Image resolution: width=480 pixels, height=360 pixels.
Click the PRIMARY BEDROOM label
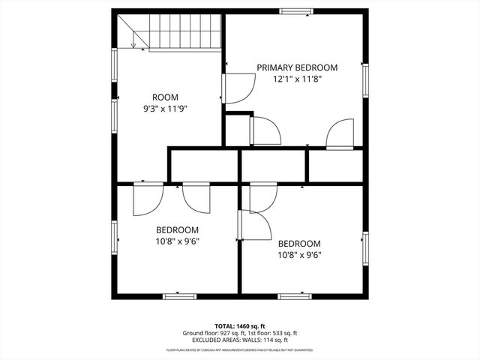[297, 67]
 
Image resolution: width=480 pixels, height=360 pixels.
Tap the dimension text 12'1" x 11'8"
[297, 79]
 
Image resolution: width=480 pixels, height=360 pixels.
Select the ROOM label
[165, 97]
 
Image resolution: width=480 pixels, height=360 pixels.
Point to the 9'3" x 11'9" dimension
[165, 109]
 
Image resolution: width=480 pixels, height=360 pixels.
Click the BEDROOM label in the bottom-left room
[177, 229]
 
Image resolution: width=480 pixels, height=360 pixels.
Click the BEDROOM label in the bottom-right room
[299, 244]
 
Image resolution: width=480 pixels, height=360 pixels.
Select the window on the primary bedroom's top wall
[296, 11]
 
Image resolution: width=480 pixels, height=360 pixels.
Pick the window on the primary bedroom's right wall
[365, 80]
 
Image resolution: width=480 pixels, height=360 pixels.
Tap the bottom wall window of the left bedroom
[180, 295]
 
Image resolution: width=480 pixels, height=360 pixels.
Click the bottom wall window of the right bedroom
[295, 295]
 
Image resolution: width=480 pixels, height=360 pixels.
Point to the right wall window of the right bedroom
[365, 248]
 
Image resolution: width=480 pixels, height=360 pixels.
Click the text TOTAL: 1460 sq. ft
[241, 326]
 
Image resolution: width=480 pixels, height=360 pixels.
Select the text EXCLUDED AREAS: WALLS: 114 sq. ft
[241, 340]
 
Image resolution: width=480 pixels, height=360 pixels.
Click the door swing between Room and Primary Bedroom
[238, 89]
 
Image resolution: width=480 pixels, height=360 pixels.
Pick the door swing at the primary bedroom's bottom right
[340, 135]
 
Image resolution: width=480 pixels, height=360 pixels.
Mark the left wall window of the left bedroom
[115, 236]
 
